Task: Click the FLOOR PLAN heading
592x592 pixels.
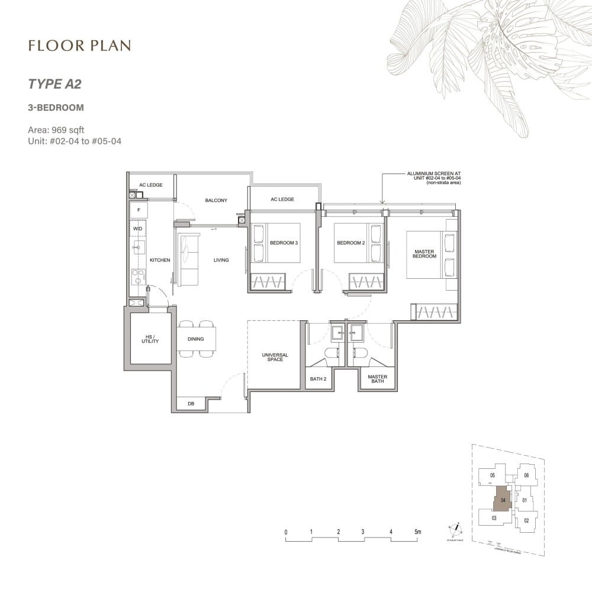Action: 79,46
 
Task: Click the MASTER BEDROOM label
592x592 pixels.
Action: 424,254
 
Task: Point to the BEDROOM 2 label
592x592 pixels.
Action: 350,243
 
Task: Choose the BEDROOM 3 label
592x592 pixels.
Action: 284,243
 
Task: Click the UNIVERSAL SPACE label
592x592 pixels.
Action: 275,358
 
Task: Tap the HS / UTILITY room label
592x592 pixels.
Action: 150,340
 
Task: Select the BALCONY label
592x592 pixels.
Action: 216,201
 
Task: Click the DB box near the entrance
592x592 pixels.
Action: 191,404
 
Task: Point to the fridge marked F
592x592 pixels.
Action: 139,210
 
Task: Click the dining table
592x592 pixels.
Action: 196,339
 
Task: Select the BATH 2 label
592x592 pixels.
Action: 318,378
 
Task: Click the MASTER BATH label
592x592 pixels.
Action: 377,378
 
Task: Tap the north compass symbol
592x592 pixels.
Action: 456,529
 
